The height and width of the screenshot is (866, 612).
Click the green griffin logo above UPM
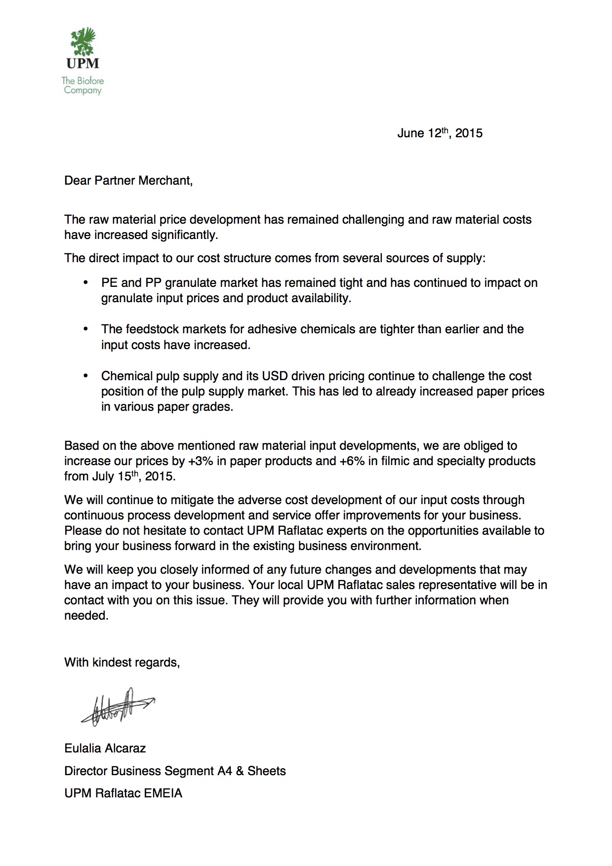tap(83, 42)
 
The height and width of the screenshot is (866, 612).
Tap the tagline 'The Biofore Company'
tap(82, 85)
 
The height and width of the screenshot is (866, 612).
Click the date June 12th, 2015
tap(440, 133)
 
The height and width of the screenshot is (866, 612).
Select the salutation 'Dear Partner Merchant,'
tap(128, 181)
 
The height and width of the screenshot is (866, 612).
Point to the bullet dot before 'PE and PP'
tap(86, 283)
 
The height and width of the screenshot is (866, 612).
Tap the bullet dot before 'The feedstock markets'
tap(86, 329)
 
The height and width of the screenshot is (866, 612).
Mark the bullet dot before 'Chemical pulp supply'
tap(86, 376)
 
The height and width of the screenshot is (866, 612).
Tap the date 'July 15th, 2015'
tap(133, 477)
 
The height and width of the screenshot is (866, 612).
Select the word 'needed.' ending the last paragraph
tap(86, 616)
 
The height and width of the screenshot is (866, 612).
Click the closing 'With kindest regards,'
tap(122, 663)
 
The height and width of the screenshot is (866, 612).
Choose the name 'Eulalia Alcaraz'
tap(105, 748)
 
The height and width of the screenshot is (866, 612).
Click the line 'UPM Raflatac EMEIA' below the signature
tap(123, 793)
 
